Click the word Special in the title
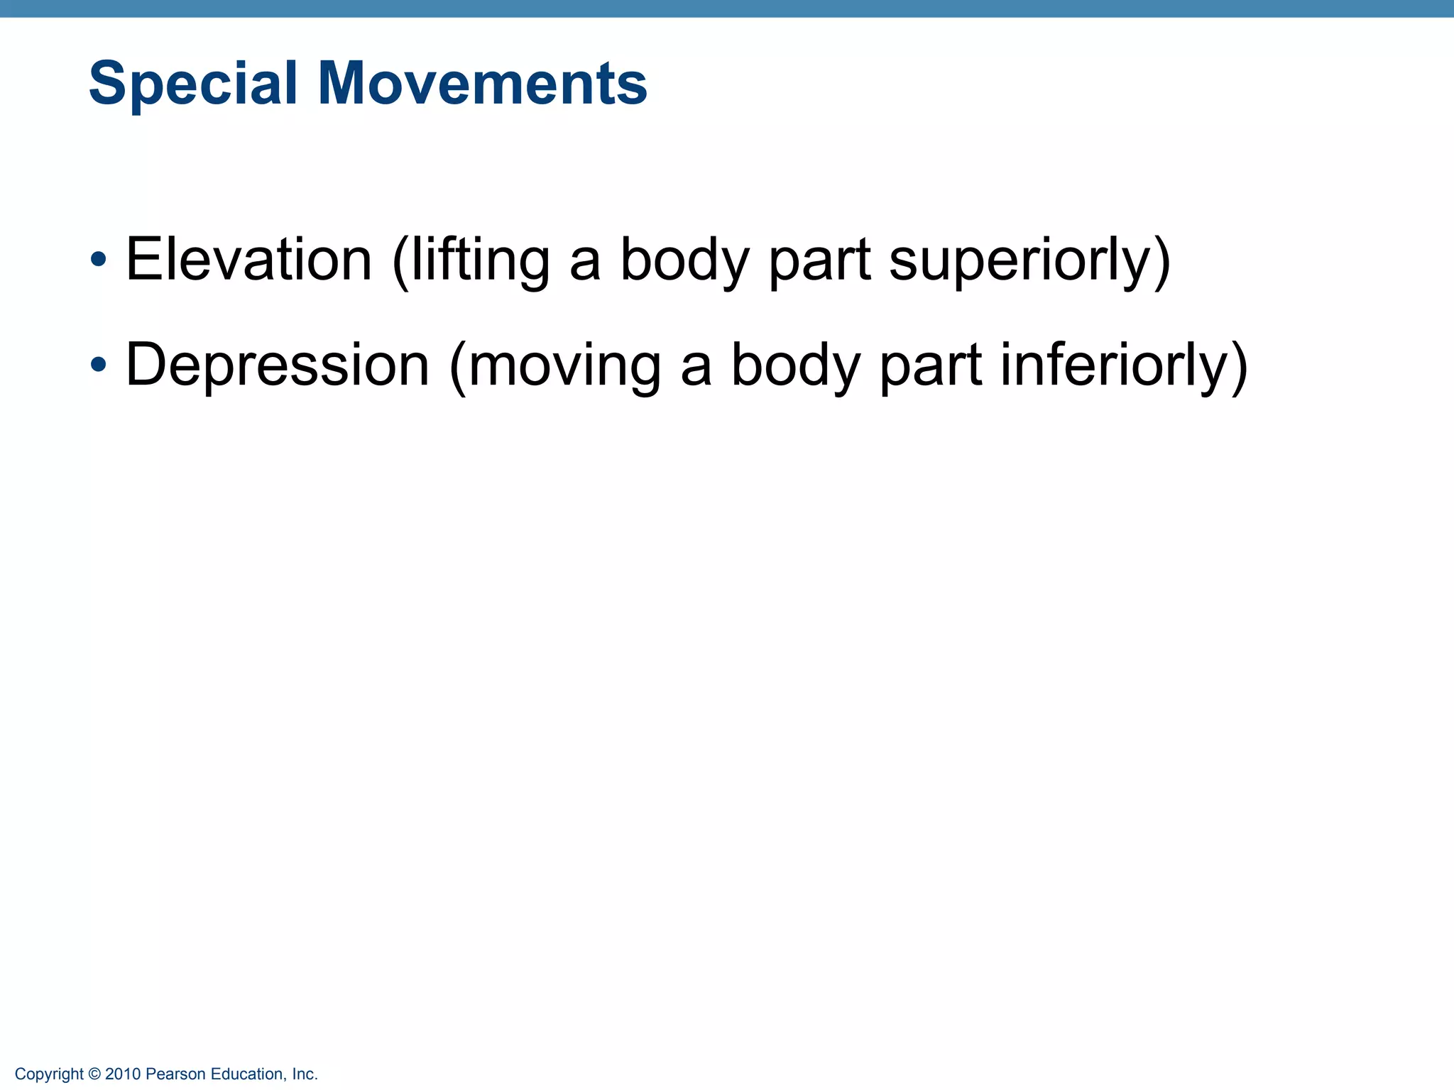(x=192, y=84)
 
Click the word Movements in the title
(x=482, y=84)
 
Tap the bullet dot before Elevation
(x=99, y=260)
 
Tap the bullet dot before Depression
(x=99, y=365)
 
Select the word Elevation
(x=248, y=260)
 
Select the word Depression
(x=278, y=365)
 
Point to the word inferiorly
(x=1115, y=365)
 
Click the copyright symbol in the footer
(x=94, y=1074)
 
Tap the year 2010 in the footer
(x=123, y=1074)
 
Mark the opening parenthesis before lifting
(x=400, y=261)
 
